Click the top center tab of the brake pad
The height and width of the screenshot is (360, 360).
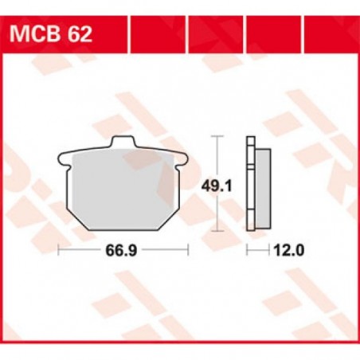[x=122, y=144]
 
